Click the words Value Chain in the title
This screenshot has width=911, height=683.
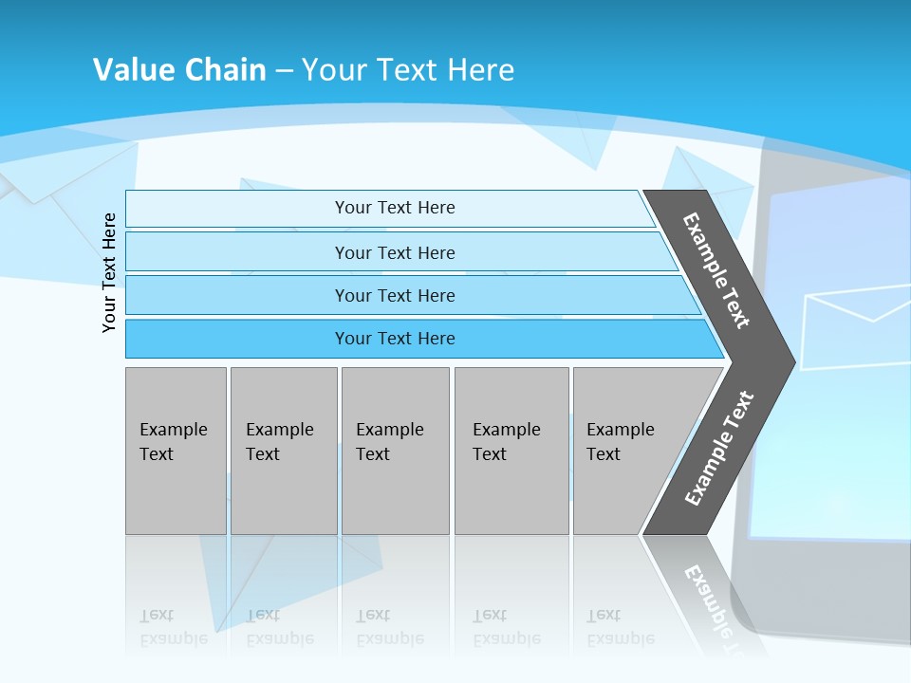coord(179,69)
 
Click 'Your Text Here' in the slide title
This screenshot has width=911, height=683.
coord(408,69)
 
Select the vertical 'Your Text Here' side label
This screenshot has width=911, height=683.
coord(110,272)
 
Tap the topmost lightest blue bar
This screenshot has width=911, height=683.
coord(394,208)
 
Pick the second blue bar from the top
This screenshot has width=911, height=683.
coord(394,252)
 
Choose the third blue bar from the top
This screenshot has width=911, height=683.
coord(394,295)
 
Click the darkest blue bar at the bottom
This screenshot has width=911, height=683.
coord(394,339)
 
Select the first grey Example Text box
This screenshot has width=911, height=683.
coord(176,451)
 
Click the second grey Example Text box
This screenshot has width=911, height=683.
coord(283,451)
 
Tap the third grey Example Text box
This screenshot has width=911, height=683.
coord(394,451)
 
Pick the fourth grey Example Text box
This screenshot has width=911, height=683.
coord(511,451)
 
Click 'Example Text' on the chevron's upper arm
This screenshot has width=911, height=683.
coord(716,270)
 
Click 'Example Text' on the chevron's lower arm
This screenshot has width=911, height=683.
coord(719,449)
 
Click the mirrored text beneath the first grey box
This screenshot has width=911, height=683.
coord(173,627)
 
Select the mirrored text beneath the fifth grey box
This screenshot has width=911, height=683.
coord(620,627)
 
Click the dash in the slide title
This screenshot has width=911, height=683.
coord(284,70)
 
